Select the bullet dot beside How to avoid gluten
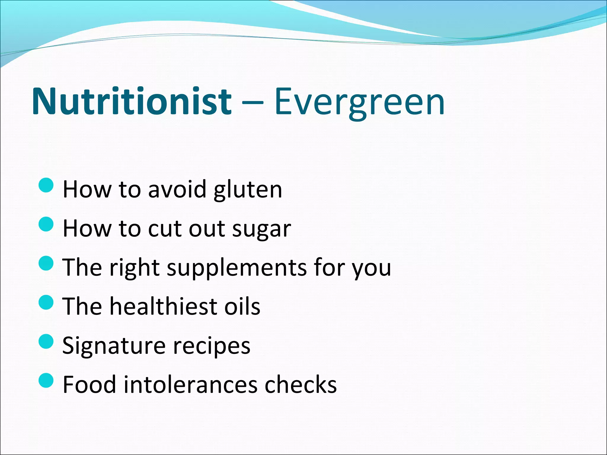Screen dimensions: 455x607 46,185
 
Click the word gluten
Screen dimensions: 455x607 248,190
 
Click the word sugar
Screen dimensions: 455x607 261,229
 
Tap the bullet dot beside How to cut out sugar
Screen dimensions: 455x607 46,224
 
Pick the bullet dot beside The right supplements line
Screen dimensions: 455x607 46,263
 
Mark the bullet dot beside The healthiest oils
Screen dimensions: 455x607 46,302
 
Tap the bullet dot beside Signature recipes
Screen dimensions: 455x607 46,341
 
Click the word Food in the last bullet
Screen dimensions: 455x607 89,384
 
